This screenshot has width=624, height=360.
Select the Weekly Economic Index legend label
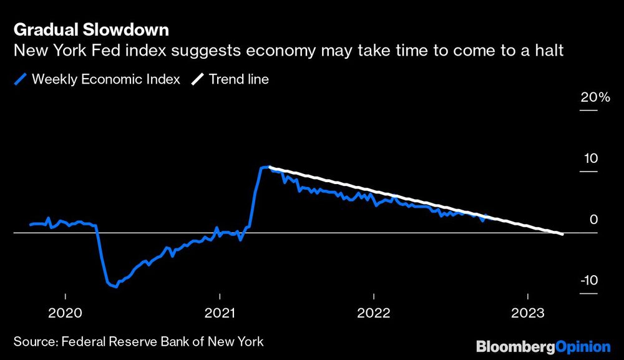coord(105,79)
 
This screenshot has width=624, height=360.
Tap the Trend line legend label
coord(239,79)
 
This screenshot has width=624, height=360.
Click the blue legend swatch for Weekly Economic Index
coord(21,79)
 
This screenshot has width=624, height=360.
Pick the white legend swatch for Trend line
coord(198,79)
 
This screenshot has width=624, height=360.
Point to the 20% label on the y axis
coord(595,97)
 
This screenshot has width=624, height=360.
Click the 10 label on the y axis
coord(590,158)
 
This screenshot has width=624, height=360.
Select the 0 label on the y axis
coord(593,220)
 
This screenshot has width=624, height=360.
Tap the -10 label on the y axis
coord(588,280)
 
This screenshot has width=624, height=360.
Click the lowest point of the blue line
coord(115,287)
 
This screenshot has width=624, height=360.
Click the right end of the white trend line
coord(563,234)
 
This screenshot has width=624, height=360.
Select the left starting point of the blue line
coord(30,225)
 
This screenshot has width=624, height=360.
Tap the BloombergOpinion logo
coord(543,346)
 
